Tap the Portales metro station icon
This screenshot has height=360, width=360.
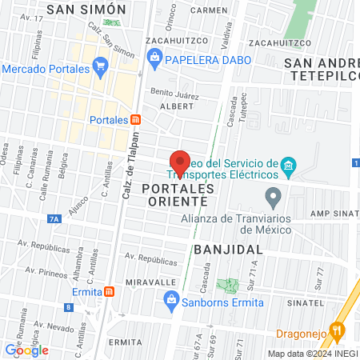tap(136, 120)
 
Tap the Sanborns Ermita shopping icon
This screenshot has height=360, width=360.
tap(170, 301)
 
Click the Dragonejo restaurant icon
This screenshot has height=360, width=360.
tap(337, 328)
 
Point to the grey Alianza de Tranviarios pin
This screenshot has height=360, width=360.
tap(274, 197)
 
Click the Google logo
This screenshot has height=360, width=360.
tap(27, 350)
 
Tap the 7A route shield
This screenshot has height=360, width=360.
tap(54, 218)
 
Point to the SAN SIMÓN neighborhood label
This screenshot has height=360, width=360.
tap(86, 10)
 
